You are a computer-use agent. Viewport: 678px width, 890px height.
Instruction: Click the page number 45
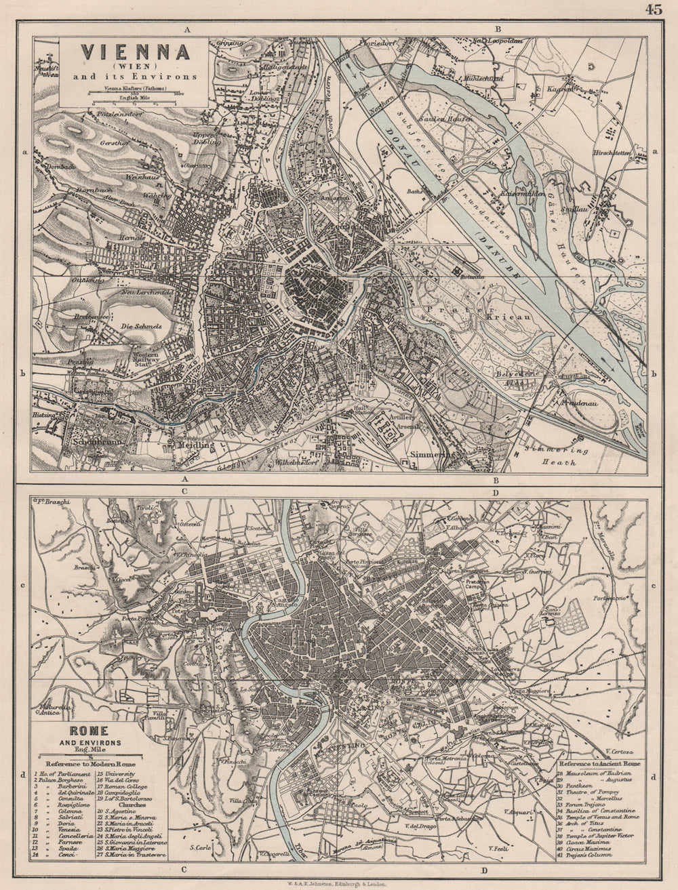point(654,9)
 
